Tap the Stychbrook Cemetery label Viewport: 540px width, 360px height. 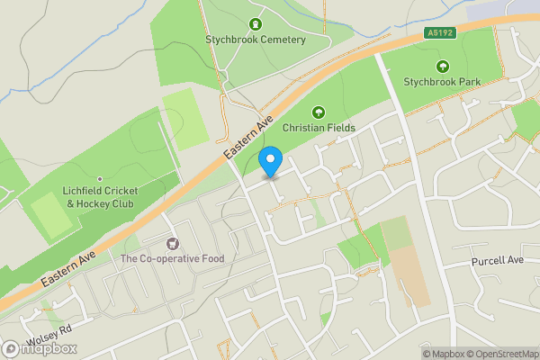tap(256, 40)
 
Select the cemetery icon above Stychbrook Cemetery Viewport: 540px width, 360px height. tap(256, 23)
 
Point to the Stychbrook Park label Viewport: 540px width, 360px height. tap(442, 82)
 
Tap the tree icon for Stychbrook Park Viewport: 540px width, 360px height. tap(442, 66)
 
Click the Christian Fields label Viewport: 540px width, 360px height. tap(319, 128)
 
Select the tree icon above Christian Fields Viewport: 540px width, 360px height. tap(318, 112)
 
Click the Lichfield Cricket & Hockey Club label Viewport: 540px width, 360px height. tap(100, 198)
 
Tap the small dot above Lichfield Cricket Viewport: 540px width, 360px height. tap(100, 179)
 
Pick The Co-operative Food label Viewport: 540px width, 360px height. tap(172, 259)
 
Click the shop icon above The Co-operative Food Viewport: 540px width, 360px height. tap(172, 243)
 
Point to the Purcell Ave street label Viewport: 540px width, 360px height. tap(497, 261)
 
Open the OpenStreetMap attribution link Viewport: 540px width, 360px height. tap(500, 354)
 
